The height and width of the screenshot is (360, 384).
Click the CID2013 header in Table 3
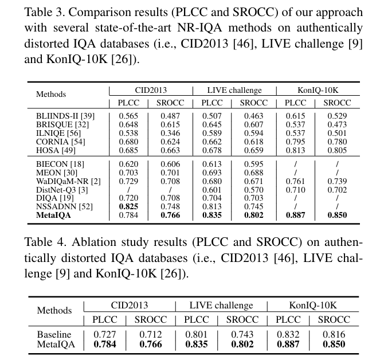(x=151, y=90)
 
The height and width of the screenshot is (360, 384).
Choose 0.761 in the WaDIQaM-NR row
(x=295, y=181)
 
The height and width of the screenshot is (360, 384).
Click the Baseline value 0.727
(x=107, y=334)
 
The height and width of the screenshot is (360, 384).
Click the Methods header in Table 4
(x=54, y=310)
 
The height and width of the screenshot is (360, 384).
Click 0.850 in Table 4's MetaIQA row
(x=334, y=344)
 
